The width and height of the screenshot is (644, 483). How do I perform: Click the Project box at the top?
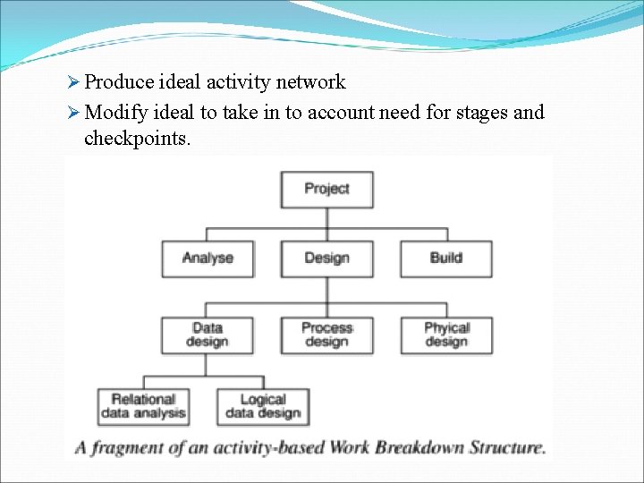[326, 189]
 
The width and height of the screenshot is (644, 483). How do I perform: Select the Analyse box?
[208, 258]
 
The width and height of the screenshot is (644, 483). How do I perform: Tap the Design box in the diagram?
[326, 258]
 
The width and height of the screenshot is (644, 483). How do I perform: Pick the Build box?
[445, 258]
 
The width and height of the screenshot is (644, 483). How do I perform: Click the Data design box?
[208, 335]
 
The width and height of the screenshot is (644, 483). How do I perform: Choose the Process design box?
[326, 335]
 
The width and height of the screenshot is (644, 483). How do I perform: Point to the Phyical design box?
[445, 335]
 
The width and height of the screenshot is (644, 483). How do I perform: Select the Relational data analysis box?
[143, 406]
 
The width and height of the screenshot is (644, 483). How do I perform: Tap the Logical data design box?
[263, 406]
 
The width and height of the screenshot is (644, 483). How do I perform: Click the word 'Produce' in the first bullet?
[119, 82]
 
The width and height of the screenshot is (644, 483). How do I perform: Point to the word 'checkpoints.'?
[137, 139]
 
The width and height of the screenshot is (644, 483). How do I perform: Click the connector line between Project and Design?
[326, 224]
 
